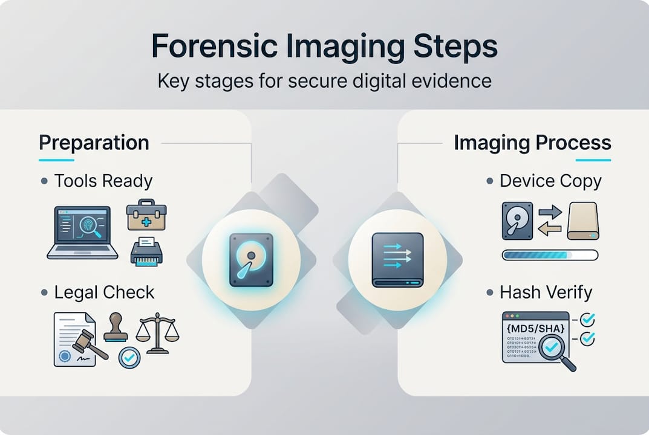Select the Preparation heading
coord(94,143)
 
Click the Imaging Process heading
coord(532,143)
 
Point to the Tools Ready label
coord(103,181)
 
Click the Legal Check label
coord(104,292)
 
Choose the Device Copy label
coord(550,181)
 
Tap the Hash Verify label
coord(546,292)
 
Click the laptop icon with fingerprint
coord(82,233)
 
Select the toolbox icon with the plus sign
coord(146,215)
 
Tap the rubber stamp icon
coord(116,328)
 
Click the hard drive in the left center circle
coord(251,260)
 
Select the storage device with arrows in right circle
coord(397,260)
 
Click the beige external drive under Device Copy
coord(582,221)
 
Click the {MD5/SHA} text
coord(535,328)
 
